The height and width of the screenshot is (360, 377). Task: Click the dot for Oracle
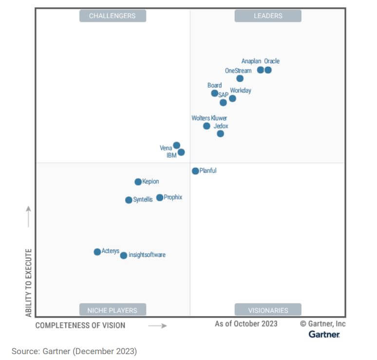coord(268,70)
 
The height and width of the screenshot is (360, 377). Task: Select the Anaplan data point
coord(261,70)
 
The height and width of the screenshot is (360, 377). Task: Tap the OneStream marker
coord(240,78)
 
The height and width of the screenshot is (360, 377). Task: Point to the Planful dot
coord(195,171)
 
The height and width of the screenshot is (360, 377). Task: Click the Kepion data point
coord(138,182)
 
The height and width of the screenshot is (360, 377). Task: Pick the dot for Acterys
coord(97,252)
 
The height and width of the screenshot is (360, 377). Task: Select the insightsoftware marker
coord(124,255)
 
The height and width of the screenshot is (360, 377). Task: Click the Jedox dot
coord(220,134)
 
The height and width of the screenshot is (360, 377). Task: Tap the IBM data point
coord(181,152)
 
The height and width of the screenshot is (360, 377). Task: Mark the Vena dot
coord(177,145)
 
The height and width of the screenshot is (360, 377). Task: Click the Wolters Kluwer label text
coord(209,118)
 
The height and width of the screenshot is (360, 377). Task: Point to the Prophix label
coord(173,198)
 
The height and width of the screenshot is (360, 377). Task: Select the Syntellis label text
coord(143,200)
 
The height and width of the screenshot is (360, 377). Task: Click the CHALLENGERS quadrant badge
coord(113,16)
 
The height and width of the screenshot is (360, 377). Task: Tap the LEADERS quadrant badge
coord(268,16)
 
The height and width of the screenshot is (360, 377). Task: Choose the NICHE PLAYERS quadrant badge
coord(113,310)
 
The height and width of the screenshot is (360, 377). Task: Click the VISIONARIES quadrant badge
coord(268,310)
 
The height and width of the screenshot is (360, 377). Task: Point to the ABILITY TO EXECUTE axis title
coord(29,283)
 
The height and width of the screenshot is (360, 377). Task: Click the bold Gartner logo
coord(324,334)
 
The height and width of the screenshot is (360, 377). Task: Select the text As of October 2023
coord(246,324)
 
